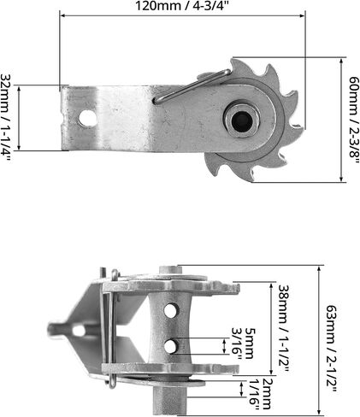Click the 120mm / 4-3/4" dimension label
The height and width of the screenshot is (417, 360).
coord(182,6)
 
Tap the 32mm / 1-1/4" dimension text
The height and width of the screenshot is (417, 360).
coord(6,118)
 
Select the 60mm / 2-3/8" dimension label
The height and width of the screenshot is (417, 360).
coord(354,120)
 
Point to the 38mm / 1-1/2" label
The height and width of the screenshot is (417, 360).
coord(284,328)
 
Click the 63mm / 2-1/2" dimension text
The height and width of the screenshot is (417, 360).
coord(331,349)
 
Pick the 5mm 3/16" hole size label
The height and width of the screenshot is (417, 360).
coord(243,344)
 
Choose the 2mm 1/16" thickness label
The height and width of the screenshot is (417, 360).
coord(260,395)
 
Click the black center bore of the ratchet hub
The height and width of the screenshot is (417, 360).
coord(242,120)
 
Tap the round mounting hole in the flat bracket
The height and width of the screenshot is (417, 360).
coord(88,118)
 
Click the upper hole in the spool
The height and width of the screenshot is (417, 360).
coord(171,310)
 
